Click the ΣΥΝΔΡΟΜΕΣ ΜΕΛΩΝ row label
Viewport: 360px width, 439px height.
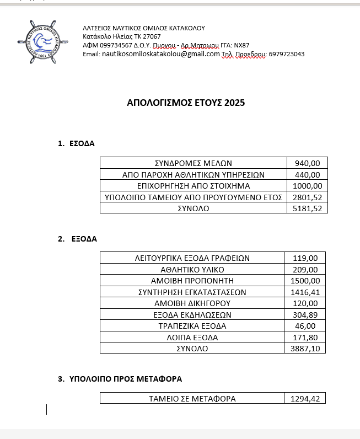click(x=193, y=163)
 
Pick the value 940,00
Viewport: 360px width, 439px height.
click(x=308, y=163)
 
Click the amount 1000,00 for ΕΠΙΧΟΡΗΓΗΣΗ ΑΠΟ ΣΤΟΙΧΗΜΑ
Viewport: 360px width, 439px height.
click(x=308, y=185)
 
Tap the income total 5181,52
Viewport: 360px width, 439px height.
click(x=308, y=208)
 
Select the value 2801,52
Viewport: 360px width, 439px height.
click(x=308, y=197)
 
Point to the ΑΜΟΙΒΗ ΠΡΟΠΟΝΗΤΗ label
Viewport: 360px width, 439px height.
click(x=192, y=280)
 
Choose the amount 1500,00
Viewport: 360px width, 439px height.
click(x=305, y=280)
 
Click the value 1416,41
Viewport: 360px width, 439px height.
click(x=305, y=292)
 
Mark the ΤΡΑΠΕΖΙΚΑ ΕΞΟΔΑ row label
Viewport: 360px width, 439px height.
click(x=192, y=326)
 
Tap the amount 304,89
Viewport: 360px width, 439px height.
click(x=305, y=314)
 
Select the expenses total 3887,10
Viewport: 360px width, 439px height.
click(x=305, y=349)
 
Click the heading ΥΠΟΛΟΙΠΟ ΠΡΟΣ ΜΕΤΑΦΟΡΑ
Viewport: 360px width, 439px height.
click(x=126, y=379)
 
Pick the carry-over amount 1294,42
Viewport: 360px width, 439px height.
click(x=305, y=398)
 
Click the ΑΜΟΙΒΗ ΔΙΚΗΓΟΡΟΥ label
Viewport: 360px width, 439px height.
click(x=192, y=303)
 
